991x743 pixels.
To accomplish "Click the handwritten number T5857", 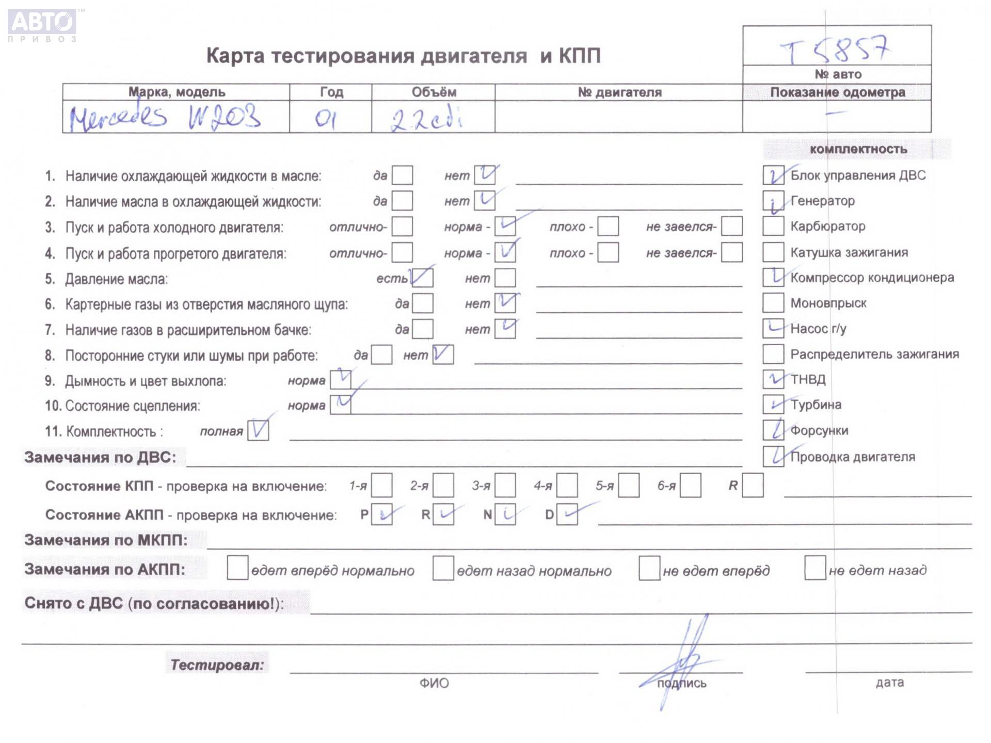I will [835, 50].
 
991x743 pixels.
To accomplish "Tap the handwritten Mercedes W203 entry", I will [165, 118].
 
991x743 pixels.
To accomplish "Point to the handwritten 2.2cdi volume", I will [425, 120].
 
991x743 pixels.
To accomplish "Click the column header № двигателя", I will [619, 92].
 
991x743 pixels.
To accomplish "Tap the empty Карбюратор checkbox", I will [773, 226].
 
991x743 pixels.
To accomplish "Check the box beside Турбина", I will [773, 405].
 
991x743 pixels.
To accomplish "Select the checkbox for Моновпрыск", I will [773, 303].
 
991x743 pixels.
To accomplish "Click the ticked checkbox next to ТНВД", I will [773, 379].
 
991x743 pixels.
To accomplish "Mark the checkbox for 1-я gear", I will [381, 486].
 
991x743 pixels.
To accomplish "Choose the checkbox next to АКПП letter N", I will [505, 514].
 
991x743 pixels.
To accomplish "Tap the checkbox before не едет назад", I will [814, 568].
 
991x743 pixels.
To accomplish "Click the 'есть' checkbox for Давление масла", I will [422, 278].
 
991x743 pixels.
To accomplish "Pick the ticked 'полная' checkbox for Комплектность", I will [258, 430].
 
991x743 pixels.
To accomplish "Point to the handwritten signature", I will [681, 660].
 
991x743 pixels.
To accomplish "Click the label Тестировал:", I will [217, 665].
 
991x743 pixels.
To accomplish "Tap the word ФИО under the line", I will [434, 683].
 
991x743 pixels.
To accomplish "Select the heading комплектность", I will [858, 149].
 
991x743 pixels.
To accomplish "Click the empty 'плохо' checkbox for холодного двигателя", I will [608, 227].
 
